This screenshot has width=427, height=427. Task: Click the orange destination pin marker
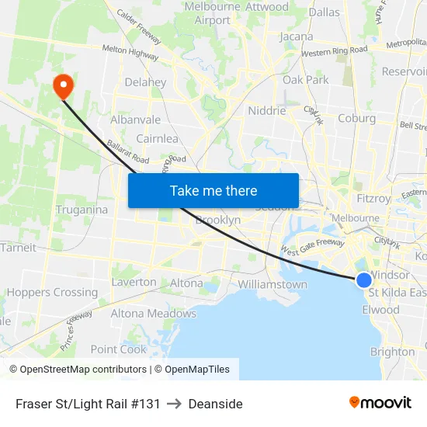click(61, 85)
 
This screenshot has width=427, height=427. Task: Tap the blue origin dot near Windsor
click(364, 280)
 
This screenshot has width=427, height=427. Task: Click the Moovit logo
click(380, 403)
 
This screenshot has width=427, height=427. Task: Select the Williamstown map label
click(273, 285)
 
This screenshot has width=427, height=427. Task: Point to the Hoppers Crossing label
click(52, 293)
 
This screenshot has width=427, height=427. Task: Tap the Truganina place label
click(82, 210)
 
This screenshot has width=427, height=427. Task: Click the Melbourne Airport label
click(213, 13)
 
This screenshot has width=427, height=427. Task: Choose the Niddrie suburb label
click(266, 110)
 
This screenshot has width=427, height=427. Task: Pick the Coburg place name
click(356, 119)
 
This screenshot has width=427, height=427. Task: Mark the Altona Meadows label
click(153, 314)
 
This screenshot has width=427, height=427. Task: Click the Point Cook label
click(118, 349)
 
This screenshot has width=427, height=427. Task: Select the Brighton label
click(392, 352)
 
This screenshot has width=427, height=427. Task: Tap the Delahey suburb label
click(145, 82)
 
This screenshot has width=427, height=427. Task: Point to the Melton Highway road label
click(131, 52)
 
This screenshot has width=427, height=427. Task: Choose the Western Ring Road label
click(334, 52)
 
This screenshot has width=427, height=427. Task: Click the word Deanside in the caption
click(215, 404)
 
